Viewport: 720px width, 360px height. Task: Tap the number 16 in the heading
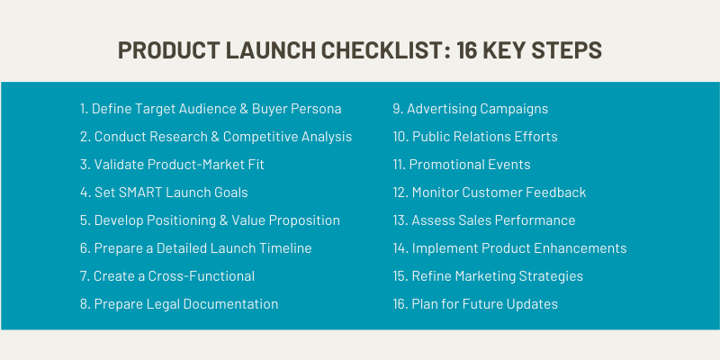tap(466, 50)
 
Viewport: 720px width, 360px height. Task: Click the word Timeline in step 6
tap(285, 248)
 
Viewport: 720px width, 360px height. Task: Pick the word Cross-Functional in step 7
tap(201, 276)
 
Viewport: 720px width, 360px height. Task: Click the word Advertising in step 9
tap(441, 109)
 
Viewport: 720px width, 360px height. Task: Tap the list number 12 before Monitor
tap(400, 193)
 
